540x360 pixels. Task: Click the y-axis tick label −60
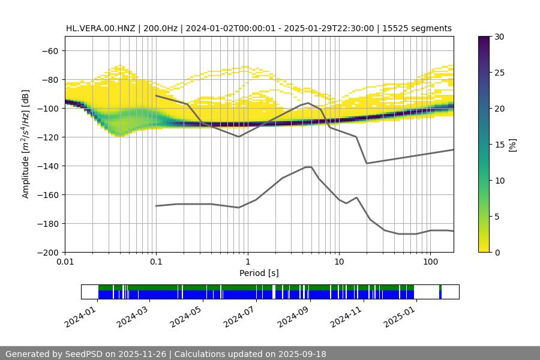coord(49,51)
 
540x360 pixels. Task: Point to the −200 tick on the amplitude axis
coord(46,253)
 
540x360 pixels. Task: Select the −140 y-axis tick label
coord(46,166)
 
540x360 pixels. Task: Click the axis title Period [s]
coord(259,274)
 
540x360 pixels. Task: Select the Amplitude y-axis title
coord(26,145)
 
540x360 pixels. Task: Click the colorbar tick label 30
coord(498,37)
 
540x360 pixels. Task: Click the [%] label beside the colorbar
coord(512,145)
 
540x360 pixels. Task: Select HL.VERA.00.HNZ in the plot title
coord(101,28)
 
